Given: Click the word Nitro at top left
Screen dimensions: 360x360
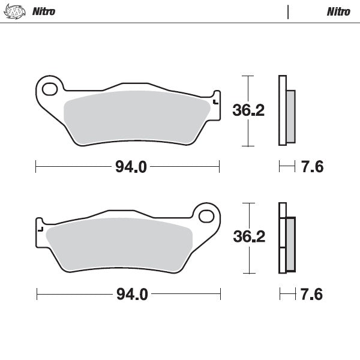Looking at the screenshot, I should [44, 11].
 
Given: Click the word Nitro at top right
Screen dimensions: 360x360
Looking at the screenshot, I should [338, 11].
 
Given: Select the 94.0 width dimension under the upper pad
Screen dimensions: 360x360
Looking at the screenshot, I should [131, 167].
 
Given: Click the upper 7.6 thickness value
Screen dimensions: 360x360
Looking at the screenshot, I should [311, 167].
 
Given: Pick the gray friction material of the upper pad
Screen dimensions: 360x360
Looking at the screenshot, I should [135, 117].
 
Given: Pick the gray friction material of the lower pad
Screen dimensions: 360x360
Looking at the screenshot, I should [120, 244].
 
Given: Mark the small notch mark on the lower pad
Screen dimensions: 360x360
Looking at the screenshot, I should [40, 229].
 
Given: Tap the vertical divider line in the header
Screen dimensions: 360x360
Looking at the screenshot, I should [289, 11].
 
